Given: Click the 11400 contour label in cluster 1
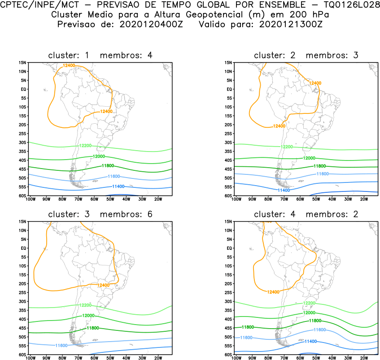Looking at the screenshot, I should coord(118,186).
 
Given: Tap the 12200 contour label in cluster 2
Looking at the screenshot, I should coord(287,147).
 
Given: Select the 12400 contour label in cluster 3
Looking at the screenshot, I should coord(103,285).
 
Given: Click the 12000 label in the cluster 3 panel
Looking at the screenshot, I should coord(88,316).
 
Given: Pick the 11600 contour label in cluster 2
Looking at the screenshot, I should coord(323,173).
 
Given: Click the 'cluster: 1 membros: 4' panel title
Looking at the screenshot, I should coord(100,56).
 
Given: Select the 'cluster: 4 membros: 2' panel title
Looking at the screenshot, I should coord(306,214).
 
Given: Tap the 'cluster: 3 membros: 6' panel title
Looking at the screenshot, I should coord(100,214).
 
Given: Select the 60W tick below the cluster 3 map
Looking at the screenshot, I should coord(94,358).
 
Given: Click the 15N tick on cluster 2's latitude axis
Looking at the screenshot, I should coord(228,62).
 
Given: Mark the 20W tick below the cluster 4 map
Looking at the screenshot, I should coord(364,358).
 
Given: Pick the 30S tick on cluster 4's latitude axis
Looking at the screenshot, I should coord(228,301).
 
